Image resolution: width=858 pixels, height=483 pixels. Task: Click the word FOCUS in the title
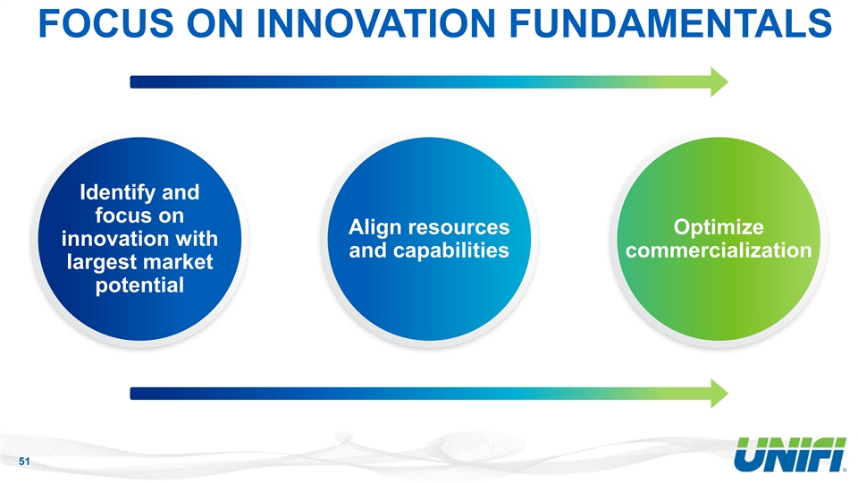(106, 23)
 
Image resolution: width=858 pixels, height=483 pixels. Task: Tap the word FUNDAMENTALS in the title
(670, 23)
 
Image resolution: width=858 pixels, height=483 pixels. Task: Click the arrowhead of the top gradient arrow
(719, 82)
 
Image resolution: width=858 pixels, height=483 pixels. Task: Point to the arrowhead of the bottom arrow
(719, 394)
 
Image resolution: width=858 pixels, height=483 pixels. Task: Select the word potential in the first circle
(139, 285)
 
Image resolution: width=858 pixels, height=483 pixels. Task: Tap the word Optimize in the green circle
(719, 228)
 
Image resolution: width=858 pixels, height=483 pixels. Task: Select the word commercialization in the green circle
(719, 250)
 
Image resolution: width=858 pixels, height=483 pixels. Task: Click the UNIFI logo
(789, 454)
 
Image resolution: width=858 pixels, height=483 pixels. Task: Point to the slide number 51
(24, 462)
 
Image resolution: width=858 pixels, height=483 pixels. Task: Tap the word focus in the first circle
(139, 216)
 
